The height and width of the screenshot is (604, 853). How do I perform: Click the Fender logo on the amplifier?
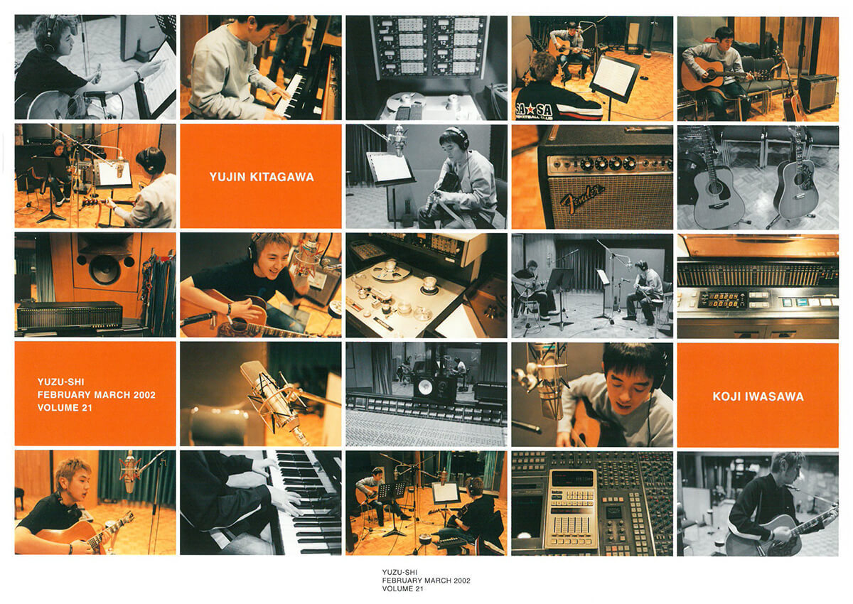click(x=582, y=198)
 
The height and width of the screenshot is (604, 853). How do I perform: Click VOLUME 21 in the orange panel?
click(x=65, y=408)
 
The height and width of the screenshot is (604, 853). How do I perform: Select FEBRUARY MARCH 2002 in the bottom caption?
click(x=426, y=581)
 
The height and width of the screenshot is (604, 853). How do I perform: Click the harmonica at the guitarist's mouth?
click(x=795, y=488)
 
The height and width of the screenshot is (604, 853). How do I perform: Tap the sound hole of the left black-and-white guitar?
click(x=713, y=188)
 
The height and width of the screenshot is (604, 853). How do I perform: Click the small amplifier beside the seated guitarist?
click(x=817, y=92)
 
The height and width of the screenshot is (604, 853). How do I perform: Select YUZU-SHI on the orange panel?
click(x=61, y=382)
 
